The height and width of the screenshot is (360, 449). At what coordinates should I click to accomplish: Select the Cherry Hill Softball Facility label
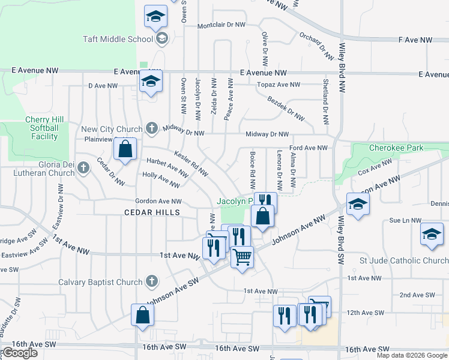42,128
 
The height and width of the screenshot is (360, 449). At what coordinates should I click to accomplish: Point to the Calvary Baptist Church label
100,282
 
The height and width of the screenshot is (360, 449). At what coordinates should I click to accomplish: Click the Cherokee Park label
397,148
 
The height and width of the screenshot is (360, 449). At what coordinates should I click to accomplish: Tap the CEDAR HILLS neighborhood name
152,212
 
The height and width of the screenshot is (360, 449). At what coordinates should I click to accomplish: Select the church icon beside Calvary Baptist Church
152,281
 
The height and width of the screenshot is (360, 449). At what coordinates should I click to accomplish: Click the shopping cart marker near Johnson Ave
242,257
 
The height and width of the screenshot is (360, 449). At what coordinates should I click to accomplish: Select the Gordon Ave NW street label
158,202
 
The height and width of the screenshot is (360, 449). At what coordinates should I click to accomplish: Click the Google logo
20,353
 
